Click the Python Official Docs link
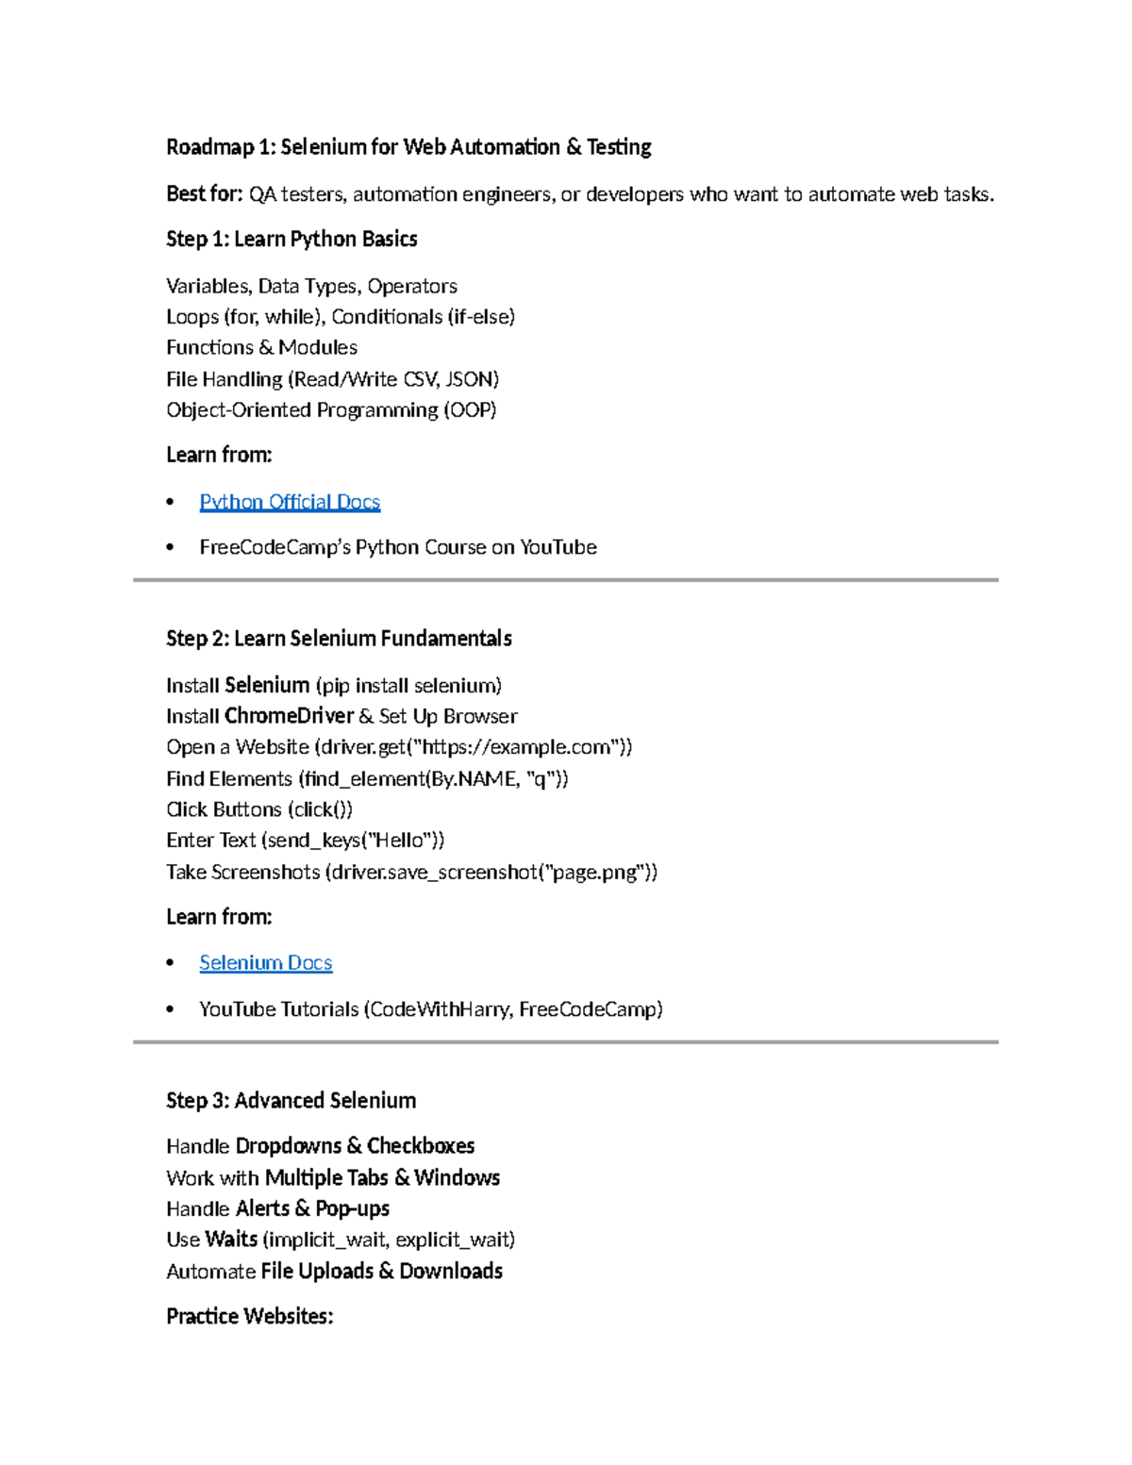pos(290,502)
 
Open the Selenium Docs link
pos(265,963)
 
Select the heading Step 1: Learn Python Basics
pos(291,240)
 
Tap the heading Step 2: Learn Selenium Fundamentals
pos(339,639)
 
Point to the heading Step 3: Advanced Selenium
pos(291,1101)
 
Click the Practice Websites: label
pos(249,1317)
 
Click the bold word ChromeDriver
pos(289,716)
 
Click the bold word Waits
pos(231,1240)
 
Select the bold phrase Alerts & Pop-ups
pos(311,1209)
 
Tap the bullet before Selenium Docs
pos(170,963)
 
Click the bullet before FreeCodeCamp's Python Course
pos(170,548)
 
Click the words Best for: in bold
pos(205,194)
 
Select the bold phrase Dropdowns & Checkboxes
pos(355,1146)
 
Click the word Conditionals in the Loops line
pos(386,317)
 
